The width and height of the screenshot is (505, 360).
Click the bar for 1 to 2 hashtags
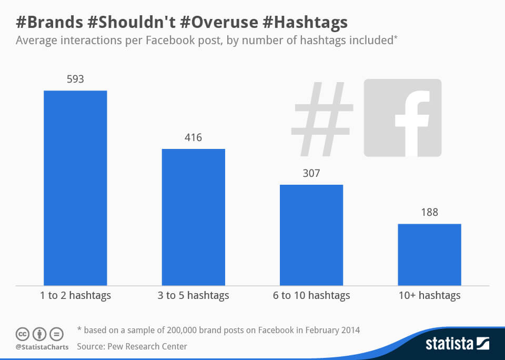(x=75, y=188)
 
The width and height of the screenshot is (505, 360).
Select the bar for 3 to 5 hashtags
(x=193, y=217)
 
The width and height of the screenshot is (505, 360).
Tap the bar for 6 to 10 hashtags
(x=311, y=235)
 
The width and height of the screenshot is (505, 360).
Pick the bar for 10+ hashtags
(x=429, y=255)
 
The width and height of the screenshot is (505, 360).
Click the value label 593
(x=75, y=79)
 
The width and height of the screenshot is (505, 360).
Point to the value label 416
(x=193, y=138)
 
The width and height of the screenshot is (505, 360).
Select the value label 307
(x=311, y=173)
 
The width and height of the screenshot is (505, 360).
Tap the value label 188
(x=429, y=213)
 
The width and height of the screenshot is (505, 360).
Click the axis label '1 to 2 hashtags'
(x=75, y=295)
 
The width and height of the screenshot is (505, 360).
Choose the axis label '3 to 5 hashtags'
(x=193, y=295)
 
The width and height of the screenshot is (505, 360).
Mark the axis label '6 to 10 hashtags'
(x=311, y=295)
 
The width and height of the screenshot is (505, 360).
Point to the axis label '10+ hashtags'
(x=429, y=295)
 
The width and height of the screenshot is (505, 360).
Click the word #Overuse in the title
(x=216, y=23)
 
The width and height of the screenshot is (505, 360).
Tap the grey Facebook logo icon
(x=402, y=118)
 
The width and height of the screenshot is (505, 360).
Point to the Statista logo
(x=457, y=344)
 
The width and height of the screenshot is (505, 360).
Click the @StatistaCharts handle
(x=42, y=347)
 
